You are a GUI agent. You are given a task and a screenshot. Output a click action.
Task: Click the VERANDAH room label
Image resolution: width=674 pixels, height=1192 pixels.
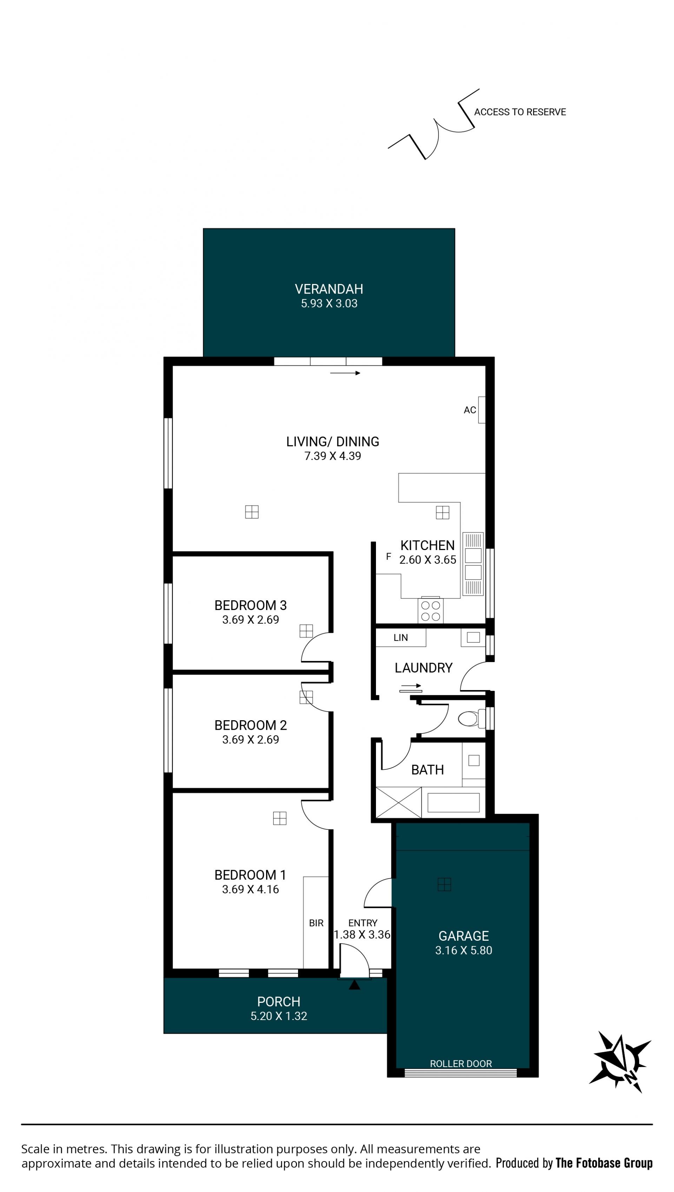pos(329,289)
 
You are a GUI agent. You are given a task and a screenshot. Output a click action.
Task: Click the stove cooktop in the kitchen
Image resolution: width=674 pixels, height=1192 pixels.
pos(430,611)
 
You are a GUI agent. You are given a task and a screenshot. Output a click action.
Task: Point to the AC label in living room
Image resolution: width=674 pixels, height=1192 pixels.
pos(470,410)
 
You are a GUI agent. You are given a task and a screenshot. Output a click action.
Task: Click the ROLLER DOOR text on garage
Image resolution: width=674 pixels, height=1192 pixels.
pos(461,1064)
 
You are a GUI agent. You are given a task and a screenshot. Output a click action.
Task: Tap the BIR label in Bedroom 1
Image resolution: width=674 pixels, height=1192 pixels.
pos(316,923)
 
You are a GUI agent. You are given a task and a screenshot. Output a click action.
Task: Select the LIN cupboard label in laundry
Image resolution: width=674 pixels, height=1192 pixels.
pos(401,638)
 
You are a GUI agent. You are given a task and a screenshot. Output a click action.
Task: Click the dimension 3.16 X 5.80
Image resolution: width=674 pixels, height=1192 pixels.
pos(463,951)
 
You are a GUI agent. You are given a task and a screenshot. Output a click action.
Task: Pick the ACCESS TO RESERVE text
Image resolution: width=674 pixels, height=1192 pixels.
pos(520,112)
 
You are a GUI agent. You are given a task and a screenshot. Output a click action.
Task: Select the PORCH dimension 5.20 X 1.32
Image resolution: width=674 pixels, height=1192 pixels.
pos(279,1016)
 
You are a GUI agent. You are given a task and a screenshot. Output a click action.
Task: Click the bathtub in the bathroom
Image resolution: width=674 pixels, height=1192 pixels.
pos(453,802)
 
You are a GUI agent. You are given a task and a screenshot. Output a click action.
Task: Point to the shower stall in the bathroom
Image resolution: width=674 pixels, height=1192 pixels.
pos(398,802)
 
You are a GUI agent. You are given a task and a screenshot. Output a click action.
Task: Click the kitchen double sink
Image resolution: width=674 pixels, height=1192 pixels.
pos(473,564)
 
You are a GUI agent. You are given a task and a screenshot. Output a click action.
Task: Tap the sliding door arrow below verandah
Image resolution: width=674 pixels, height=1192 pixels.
pos(345,373)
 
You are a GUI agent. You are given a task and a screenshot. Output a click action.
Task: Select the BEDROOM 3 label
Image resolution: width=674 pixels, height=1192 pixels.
pos(250,605)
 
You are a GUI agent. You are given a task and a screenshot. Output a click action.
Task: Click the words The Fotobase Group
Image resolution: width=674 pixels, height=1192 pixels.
pos(604,1163)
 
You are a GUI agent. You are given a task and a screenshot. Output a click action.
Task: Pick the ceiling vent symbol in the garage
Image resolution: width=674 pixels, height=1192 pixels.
pos(444,885)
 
